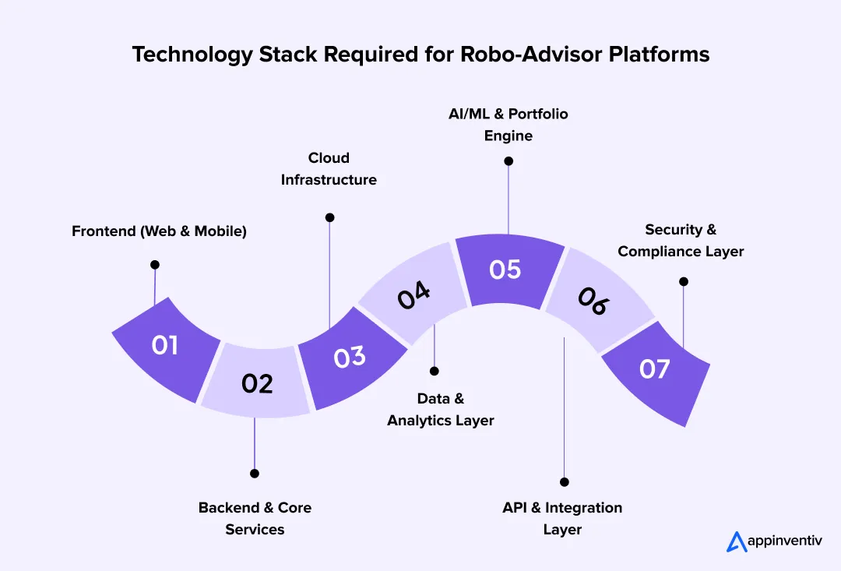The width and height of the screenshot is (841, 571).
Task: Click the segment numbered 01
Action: [x=165, y=347]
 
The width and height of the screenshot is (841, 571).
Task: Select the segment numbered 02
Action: [x=256, y=382]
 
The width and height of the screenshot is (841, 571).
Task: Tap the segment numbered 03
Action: [x=350, y=357]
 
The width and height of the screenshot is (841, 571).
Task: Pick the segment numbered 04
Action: [x=413, y=296]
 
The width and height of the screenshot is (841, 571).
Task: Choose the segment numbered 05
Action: [x=505, y=270]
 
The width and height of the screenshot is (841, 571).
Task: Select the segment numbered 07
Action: [x=655, y=368]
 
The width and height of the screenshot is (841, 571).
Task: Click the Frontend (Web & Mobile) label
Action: [x=159, y=231]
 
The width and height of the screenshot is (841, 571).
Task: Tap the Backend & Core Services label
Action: [x=255, y=518]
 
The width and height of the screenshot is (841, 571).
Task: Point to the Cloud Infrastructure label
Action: [x=329, y=169]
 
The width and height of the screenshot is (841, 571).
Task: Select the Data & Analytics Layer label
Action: [x=441, y=409]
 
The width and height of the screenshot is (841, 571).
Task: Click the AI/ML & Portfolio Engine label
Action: [x=508, y=125]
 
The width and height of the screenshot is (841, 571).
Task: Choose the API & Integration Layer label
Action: [x=562, y=518]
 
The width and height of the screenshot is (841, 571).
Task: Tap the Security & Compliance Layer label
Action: [x=681, y=241]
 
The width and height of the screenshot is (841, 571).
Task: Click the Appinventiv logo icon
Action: [x=736, y=541]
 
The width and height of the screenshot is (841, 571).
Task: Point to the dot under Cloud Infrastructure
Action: [x=329, y=217]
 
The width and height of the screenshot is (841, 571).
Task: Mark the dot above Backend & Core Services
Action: [x=254, y=473]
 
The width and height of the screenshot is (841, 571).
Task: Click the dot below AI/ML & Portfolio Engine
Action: [x=508, y=161]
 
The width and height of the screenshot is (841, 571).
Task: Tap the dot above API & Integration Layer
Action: [x=565, y=482]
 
